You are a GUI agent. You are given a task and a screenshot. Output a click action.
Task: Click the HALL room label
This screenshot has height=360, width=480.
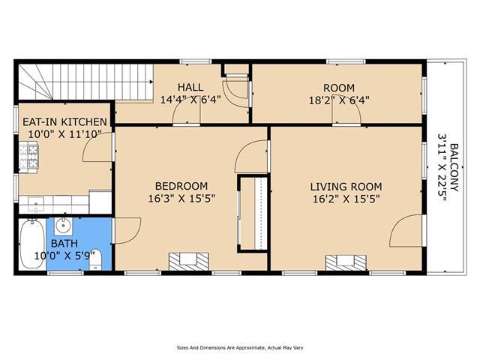click(x=190, y=87)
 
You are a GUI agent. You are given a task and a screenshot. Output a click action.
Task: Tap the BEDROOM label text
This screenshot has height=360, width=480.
click(x=181, y=186)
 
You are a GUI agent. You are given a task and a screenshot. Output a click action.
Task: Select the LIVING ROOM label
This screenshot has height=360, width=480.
click(x=346, y=187)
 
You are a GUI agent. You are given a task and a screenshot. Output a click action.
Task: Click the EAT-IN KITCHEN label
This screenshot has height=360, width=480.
click(x=65, y=121)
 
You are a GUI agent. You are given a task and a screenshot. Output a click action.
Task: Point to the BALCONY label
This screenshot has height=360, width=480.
click(x=454, y=167)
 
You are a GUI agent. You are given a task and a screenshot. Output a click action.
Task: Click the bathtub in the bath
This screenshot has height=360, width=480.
click(x=31, y=244)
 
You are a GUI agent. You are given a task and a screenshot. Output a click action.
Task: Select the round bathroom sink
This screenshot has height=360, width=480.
click(x=64, y=226)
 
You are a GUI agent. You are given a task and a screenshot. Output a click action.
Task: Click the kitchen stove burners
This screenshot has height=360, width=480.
click(x=28, y=157)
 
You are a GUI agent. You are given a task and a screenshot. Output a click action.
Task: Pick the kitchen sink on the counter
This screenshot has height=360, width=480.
click(x=36, y=205)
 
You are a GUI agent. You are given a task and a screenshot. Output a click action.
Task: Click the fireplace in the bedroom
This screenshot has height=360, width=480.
click(x=189, y=262)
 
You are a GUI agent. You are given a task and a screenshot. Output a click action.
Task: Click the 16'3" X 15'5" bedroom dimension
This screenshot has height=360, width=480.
click(x=181, y=199)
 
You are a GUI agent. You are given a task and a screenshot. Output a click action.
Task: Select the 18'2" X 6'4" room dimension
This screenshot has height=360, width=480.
click(x=339, y=100)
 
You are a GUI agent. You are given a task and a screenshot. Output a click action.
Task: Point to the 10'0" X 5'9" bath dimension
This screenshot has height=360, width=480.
click(x=68, y=256)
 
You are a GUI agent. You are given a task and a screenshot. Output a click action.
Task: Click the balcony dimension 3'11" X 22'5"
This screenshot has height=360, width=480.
click(x=442, y=167)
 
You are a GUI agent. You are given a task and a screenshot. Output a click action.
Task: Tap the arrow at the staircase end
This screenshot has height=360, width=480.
click(x=151, y=82)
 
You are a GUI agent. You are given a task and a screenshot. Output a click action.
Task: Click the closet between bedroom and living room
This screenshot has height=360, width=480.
click(x=253, y=213)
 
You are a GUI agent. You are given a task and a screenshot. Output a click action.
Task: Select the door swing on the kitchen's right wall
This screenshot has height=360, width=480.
click(x=97, y=147)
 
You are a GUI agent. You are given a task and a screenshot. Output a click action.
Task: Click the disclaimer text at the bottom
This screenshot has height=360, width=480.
click(x=240, y=348)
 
